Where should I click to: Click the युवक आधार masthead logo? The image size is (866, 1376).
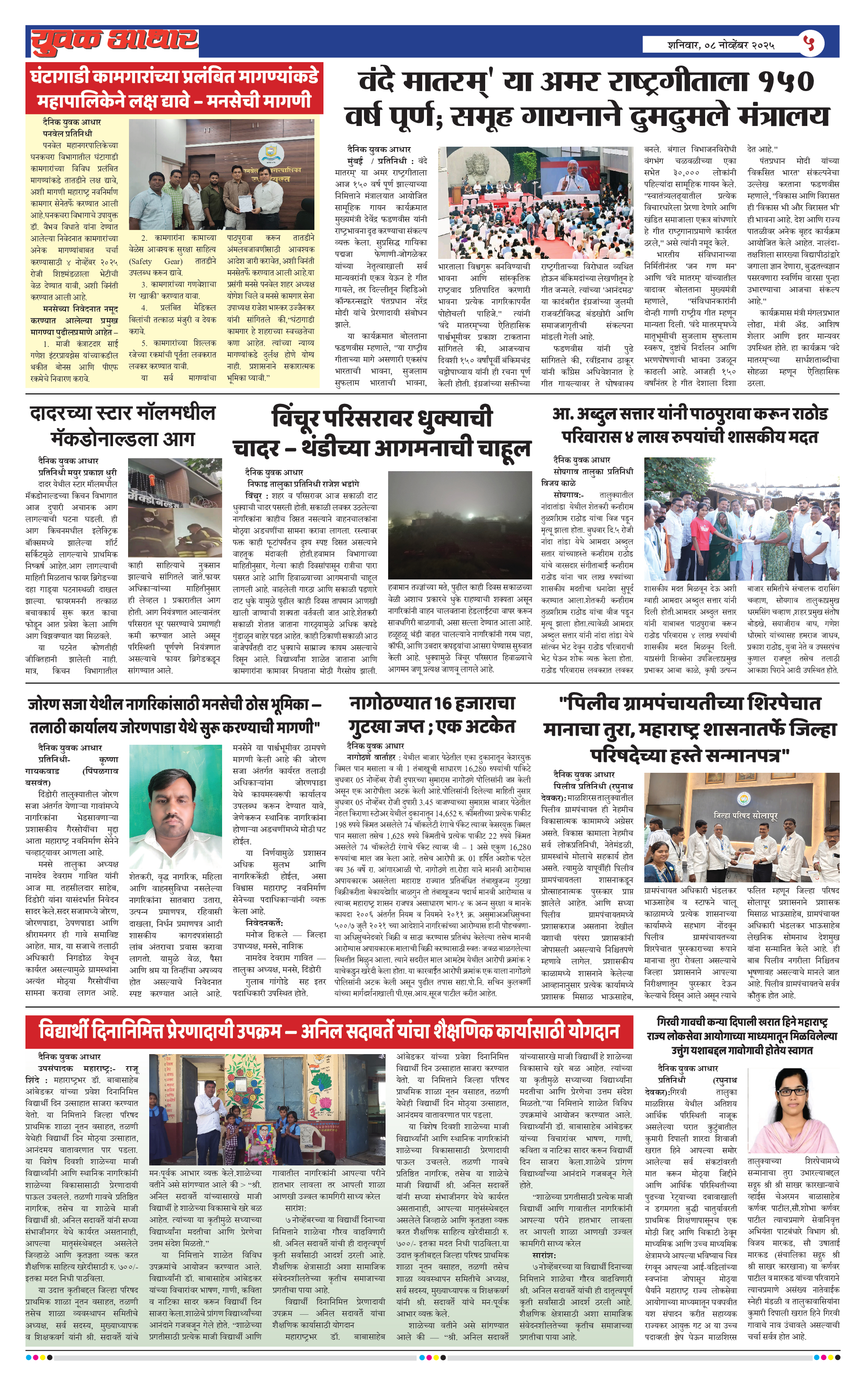click(x=114, y=41)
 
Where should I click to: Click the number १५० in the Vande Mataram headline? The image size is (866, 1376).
click(x=785, y=82)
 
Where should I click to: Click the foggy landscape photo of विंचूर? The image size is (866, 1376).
click(x=459, y=525)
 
